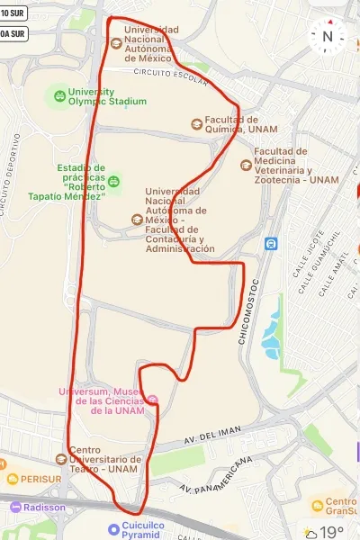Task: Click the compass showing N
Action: click(x=328, y=36)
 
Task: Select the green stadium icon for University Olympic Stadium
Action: click(x=58, y=94)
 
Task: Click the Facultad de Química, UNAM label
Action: click(x=231, y=124)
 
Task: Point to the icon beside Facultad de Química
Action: click(x=196, y=123)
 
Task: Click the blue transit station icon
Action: click(x=271, y=243)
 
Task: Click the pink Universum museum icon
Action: click(x=152, y=400)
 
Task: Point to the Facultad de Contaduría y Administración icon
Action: click(x=137, y=219)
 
